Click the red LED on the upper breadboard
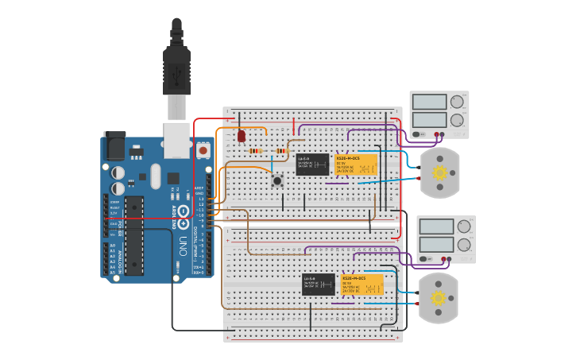click(242, 136)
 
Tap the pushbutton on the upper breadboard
click(277, 180)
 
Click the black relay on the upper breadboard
click(312, 165)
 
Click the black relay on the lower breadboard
click(318, 284)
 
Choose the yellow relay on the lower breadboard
click(362, 285)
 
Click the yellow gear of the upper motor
click(439, 172)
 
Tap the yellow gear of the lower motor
click(438, 298)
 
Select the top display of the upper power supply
click(429, 102)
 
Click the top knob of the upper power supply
click(457, 102)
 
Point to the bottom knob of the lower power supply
click(463, 245)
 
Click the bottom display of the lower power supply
click(436, 245)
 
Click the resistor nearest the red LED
click(255, 151)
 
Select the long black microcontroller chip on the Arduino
click(133, 235)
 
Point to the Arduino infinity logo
click(184, 211)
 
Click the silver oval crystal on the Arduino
click(155, 176)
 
